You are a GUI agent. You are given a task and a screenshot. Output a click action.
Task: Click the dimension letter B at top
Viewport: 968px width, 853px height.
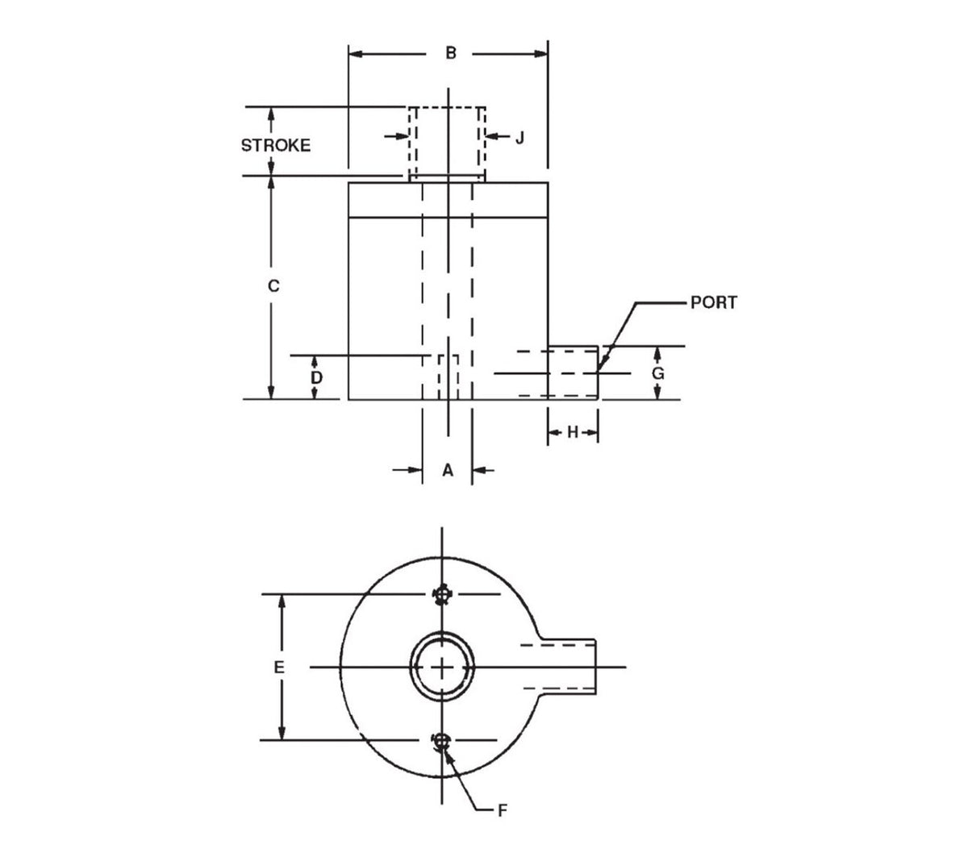click(451, 53)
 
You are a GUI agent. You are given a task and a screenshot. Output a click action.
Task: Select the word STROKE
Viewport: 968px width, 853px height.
click(276, 145)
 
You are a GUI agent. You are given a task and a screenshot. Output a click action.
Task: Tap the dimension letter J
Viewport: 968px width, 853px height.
click(519, 137)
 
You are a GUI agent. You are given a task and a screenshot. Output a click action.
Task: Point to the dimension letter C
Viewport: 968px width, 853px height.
click(273, 285)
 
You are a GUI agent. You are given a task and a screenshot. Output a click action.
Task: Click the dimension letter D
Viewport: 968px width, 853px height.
click(317, 377)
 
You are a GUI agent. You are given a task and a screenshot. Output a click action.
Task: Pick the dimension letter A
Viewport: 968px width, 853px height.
click(448, 469)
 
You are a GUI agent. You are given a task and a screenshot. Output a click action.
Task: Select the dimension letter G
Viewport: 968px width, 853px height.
click(658, 373)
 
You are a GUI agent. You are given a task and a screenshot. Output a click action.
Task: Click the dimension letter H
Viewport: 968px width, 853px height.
click(573, 433)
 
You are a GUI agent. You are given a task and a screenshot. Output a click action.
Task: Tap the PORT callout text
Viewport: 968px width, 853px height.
click(713, 303)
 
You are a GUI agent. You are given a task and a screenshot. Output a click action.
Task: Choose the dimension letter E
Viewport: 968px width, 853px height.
click(279, 668)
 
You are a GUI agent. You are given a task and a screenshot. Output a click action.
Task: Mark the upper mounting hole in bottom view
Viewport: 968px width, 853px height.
click(441, 596)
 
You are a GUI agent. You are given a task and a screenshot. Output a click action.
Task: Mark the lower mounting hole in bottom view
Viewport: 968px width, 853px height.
click(441, 740)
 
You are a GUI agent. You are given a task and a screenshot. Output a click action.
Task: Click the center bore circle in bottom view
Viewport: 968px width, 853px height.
click(442, 668)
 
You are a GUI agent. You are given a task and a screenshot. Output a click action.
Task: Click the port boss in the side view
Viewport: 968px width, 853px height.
click(573, 372)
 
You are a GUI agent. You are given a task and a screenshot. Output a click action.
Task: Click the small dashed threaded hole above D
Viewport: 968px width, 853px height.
click(448, 377)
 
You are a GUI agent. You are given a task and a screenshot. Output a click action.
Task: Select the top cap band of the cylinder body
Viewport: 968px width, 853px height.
click(448, 200)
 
